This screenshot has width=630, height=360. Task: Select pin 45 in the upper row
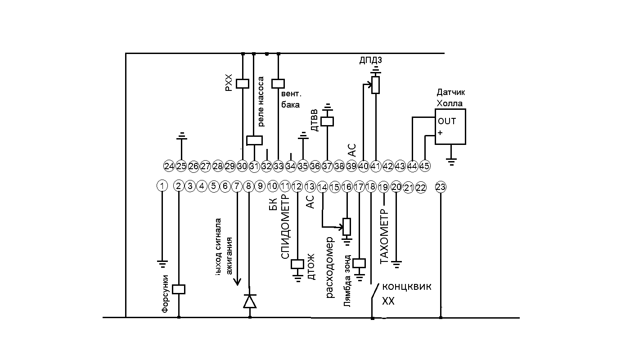click(x=425, y=166)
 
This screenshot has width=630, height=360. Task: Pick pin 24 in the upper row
click(x=169, y=166)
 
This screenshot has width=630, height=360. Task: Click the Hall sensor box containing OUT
click(x=450, y=126)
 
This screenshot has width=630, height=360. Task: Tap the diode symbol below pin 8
click(x=250, y=301)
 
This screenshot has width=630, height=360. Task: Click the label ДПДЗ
click(x=371, y=60)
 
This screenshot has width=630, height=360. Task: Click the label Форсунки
click(x=165, y=293)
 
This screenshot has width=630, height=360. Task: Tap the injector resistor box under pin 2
click(x=179, y=289)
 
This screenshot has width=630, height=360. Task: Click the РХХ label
click(x=228, y=83)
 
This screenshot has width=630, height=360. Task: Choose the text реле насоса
click(x=261, y=102)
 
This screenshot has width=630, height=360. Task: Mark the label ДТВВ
click(x=315, y=120)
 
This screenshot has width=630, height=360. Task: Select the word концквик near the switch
click(x=406, y=287)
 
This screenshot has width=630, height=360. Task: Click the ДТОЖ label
click(x=310, y=267)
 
